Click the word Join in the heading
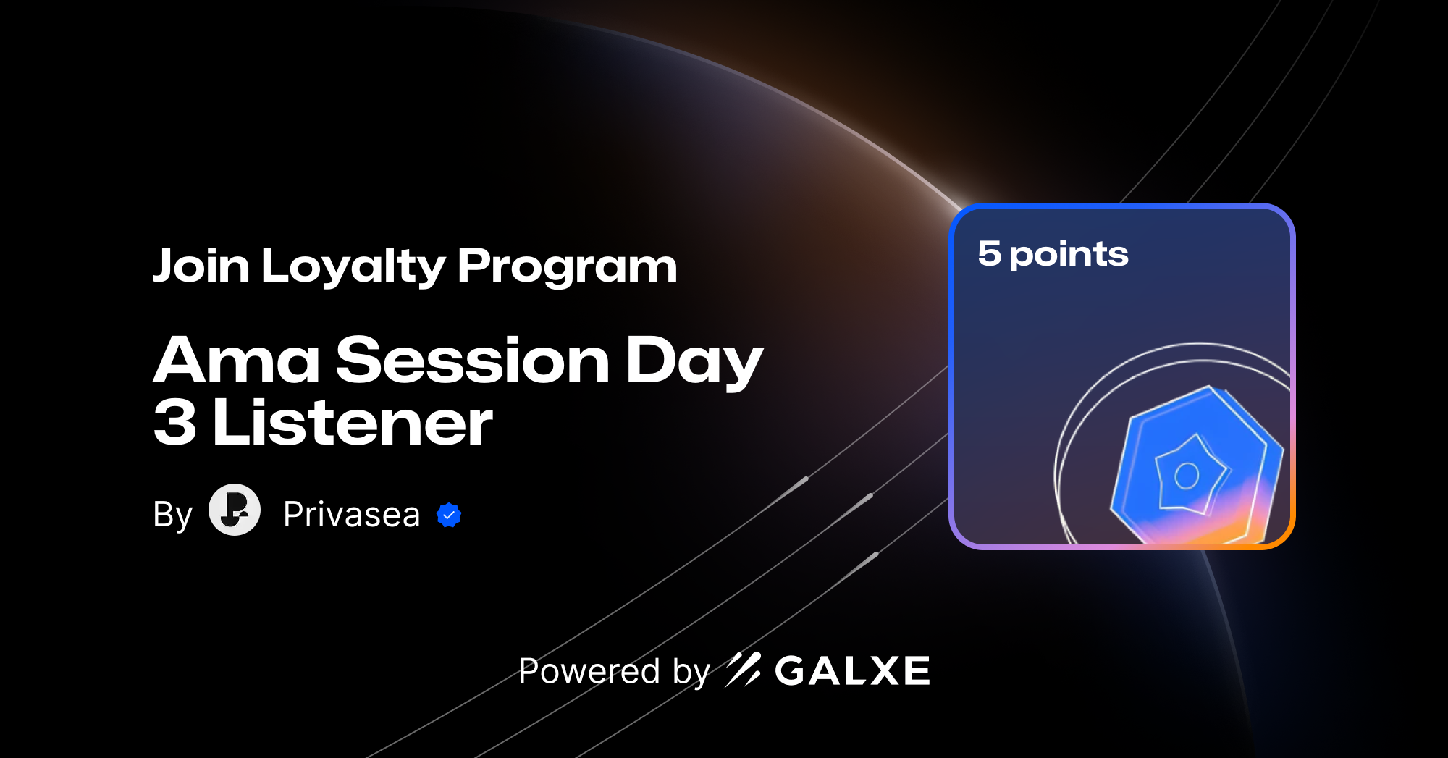click(x=201, y=266)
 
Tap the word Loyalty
click(x=353, y=267)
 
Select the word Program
click(x=567, y=267)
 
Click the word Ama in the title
click(x=236, y=361)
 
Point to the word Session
click(x=473, y=361)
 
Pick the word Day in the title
click(x=693, y=362)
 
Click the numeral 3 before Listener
click(x=175, y=423)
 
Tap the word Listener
click(x=353, y=423)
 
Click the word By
click(x=172, y=515)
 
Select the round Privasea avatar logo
click(x=235, y=510)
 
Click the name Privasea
click(x=351, y=515)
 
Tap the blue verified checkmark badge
click(x=449, y=515)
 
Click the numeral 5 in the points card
click(x=989, y=254)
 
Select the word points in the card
click(x=1069, y=256)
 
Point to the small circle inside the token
click(x=1187, y=476)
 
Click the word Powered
click(x=589, y=671)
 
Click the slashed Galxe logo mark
click(x=743, y=670)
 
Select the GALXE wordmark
click(x=852, y=671)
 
